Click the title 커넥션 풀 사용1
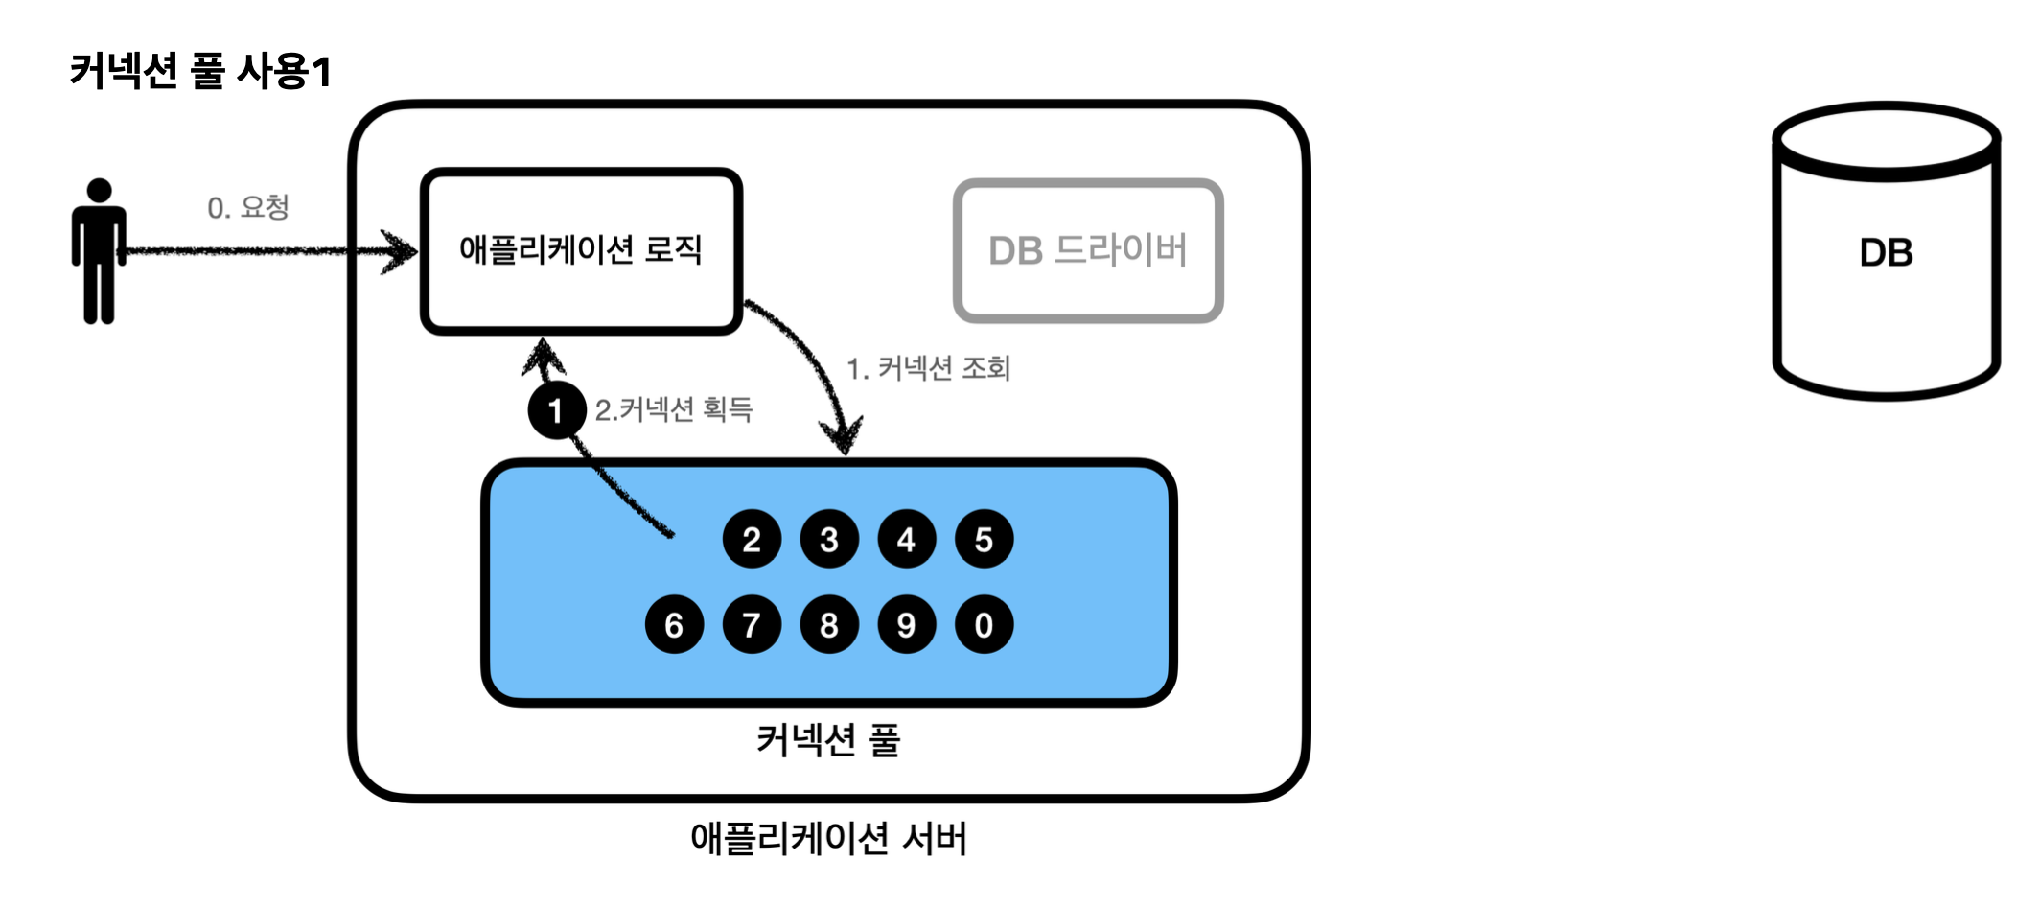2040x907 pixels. click(200, 71)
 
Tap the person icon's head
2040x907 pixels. click(99, 191)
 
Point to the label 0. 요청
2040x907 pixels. click(248, 207)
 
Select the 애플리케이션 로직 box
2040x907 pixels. click(581, 251)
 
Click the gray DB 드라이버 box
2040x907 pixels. click(1088, 251)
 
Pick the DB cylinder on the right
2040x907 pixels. click(1886, 253)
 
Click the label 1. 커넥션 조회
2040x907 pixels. click(928, 368)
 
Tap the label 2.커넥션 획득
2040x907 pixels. click(673, 410)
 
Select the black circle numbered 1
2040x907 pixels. click(556, 410)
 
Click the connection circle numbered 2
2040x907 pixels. click(752, 540)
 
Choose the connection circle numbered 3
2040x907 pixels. click(829, 540)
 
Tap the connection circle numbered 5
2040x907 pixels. click(984, 540)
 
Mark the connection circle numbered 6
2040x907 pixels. click(674, 625)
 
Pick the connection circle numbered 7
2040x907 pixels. click(752, 625)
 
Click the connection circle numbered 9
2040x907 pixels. click(906, 625)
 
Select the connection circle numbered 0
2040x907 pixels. click(984, 625)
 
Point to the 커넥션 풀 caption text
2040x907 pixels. click(828, 740)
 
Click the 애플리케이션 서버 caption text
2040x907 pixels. click(828, 839)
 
